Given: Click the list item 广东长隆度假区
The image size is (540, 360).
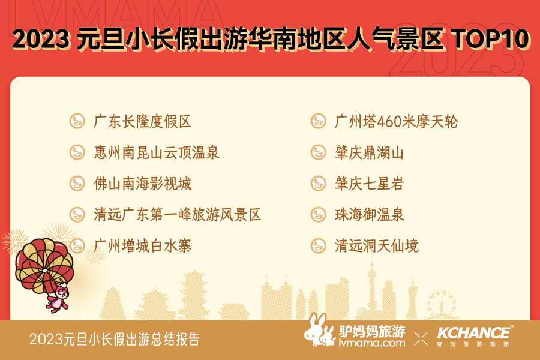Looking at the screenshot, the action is pyautogui.click(x=142, y=122).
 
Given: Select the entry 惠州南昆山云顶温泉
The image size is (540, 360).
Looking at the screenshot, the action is pyautogui.click(x=157, y=152).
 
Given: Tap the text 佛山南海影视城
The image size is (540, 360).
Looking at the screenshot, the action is pyautogui.click(x=142, y=184).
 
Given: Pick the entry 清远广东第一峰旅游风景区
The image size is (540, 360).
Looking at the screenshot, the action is pyautogui.click(x=177, y=215).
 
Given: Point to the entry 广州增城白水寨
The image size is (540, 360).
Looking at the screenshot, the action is pyautogui.click(x=142, y=246).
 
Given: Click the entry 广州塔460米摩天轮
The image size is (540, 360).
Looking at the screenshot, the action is pyautogui.click(x=396, y=122).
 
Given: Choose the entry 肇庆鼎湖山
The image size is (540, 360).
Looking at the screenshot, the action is pyautogui.click(x=369, y=152).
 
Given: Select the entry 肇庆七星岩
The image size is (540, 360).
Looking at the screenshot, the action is pyautogui.click(x=369, y=184).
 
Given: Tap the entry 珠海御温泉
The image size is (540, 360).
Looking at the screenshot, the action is pyautogui.click(x=369, y=215).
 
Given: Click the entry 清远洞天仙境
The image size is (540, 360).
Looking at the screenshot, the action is pyautogui.click(x=376, y=246).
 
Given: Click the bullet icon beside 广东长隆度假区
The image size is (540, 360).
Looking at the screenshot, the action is pyautogui.click(x=77, y=121).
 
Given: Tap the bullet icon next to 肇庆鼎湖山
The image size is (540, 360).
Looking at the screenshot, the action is pyautogui.click(x=318, y=152).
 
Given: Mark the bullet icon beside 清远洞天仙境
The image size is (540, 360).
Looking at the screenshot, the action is pyautogui.click(x=318, y=245).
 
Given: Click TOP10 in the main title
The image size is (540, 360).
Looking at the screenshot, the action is pyautogui.click(x=492, y=38).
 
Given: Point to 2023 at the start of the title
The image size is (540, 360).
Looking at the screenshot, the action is pyautogui.click(x=41, y=38).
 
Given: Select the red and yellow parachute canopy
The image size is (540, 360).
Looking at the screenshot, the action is pyautogui.click(x=44, y=265).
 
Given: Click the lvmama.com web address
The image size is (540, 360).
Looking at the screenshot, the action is pyautogui.click(x=372, y=343).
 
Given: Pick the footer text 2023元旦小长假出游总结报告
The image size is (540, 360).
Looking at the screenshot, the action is pyautogui.click(x=115, y=339).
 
